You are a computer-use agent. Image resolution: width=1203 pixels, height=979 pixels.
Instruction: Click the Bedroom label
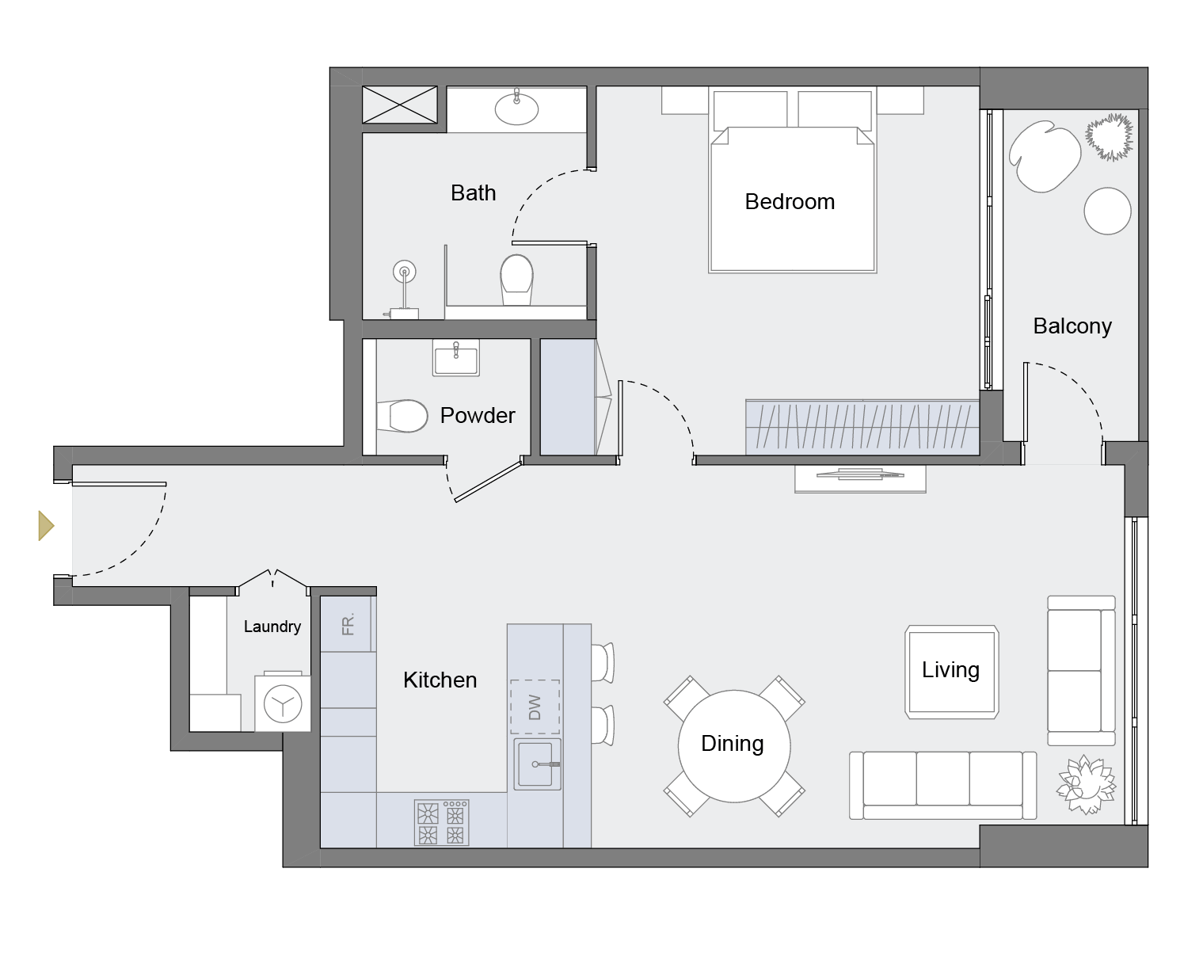[x=790, y=202]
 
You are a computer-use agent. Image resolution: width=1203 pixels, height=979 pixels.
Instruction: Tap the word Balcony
[x=1072, y=326]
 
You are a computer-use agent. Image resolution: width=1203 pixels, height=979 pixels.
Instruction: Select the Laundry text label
[x=272, y=627]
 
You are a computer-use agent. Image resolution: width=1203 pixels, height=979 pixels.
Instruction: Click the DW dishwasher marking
[x=535, y=707]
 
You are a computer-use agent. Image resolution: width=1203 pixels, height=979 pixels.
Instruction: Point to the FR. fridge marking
[x=348, y=624]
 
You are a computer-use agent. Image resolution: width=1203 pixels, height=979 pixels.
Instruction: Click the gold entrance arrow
[x=46, y=525]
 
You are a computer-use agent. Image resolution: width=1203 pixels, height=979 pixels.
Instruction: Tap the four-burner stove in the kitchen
[x=441, y=823]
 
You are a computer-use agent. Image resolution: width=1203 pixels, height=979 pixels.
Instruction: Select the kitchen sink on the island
[x=538, y=764]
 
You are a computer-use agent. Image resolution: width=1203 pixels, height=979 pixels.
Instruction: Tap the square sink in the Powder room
[x=455, y=358]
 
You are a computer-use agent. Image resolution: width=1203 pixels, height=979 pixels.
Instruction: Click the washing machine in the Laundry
[x=283, y=703]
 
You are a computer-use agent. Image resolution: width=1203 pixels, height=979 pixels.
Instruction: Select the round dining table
[x=733, y=745]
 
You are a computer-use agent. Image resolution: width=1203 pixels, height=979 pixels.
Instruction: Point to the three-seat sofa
[x=942, y=785]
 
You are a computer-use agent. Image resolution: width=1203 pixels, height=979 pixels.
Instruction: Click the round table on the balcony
[x=1107, y=211]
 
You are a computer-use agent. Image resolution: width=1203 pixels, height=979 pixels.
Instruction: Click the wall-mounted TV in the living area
[x=860, y=476]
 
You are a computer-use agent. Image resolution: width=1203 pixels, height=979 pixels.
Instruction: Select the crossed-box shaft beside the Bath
[x=399, y=105]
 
